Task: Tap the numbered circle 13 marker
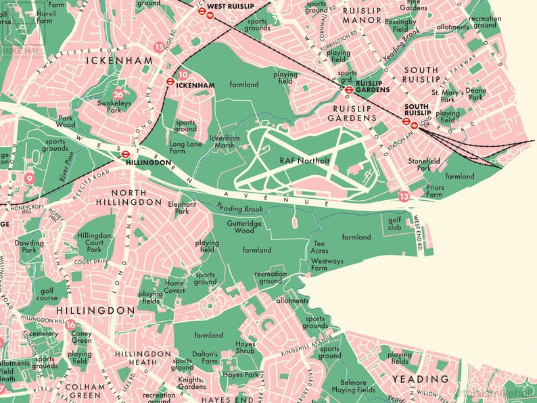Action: [x=404, y=196]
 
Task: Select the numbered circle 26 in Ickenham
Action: [x=119, y=95]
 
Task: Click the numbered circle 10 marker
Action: [x=183, y=74]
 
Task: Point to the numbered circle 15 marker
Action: [x=159, y=47]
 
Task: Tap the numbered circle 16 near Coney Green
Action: [x=70, y=325]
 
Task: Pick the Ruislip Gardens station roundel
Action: [x=349, y=89]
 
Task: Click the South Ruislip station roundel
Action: [x=406, y=122]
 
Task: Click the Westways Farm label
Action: [x=327, y=264]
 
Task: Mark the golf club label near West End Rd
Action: [x=395, y=224]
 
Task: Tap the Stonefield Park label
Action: [x=425, y=165]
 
